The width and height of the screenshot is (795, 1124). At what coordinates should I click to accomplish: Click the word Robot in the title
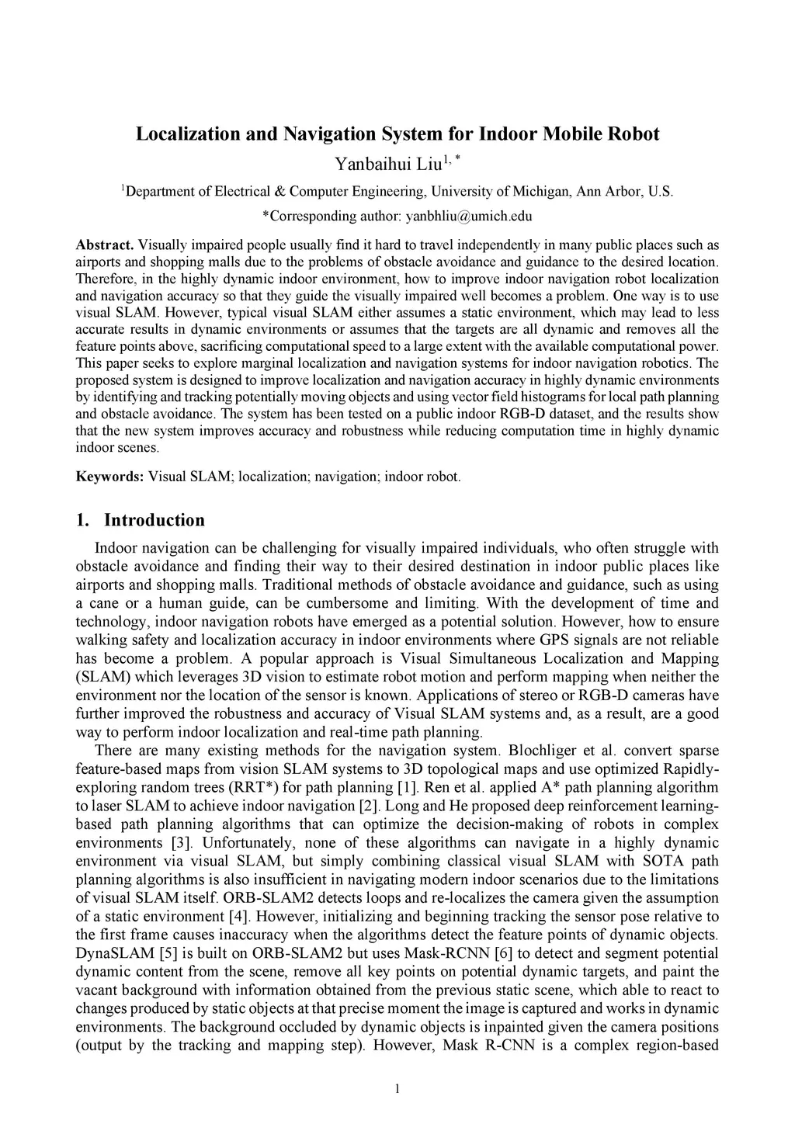point(632,134)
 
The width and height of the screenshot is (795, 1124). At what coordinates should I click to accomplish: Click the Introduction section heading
point(154,520)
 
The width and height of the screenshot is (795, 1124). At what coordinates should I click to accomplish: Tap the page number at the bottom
point(397,1088)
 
